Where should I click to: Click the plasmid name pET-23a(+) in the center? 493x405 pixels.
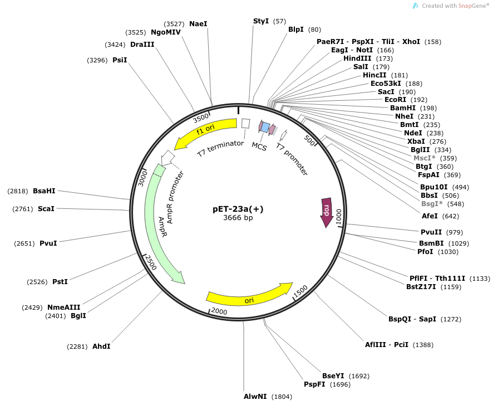click(x=238, y=209)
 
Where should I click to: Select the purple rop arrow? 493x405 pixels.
click(x=326, y=212)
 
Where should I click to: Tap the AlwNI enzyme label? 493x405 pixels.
click(x=255, y=397)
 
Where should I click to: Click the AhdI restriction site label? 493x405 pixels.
click(x=101, y=347)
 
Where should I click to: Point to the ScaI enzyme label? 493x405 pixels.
click(x=46, y=209)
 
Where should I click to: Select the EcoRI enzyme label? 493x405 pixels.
click(x=397, y=100)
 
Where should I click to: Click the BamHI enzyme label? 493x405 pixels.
click(x=403, y=108)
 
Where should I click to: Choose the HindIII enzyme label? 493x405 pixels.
click(x=361, y=58)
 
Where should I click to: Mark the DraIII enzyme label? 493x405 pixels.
click(x=142, y=45)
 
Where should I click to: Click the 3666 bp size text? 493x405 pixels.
click(x=238, y=218)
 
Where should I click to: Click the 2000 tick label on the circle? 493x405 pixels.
click(x=219, y=311)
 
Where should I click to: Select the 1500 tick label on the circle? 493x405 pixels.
click(x=300, y=291)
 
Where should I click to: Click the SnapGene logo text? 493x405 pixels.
click(x=474, y=6)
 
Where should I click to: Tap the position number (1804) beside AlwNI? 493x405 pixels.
click(x=282, y=397)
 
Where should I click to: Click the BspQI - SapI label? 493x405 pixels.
click(x=412, y=319)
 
